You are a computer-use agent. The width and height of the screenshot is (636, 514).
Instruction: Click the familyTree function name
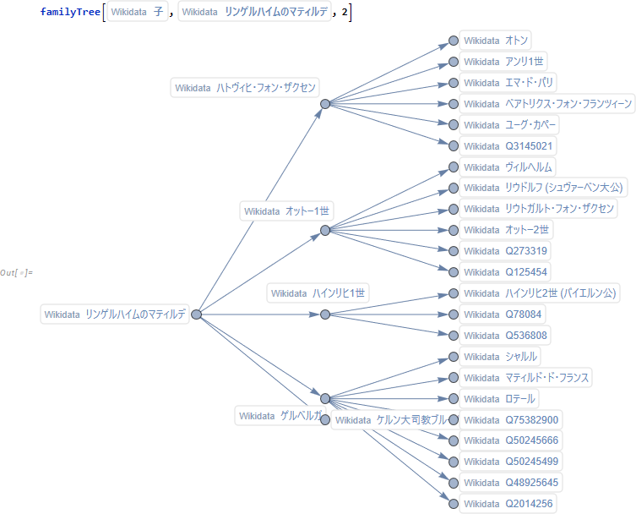[x=68, y=13]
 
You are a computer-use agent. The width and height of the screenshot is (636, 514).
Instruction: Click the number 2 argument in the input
[x=345, y=13]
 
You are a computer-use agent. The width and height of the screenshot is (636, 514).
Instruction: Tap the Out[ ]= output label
[x=17, y=272]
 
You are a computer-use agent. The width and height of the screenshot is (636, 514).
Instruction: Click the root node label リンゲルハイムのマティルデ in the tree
[x=115, y=314]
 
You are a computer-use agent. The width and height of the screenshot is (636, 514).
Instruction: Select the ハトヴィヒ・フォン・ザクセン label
[x=245, y=87]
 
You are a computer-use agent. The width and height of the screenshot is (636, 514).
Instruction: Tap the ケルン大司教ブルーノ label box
[x=389, y=420]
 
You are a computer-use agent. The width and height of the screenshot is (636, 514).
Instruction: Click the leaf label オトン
[x=496, y=41]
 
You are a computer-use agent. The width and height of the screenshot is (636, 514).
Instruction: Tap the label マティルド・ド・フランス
[x=525, y=377]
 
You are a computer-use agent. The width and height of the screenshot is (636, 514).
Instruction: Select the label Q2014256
[x=508, y=504]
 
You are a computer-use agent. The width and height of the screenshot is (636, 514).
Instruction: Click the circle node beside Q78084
[x=454, y=314]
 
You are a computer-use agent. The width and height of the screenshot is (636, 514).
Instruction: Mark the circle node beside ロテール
[x=454, y=398]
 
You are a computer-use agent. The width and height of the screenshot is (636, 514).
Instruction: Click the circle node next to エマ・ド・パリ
[x=454, y=83]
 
